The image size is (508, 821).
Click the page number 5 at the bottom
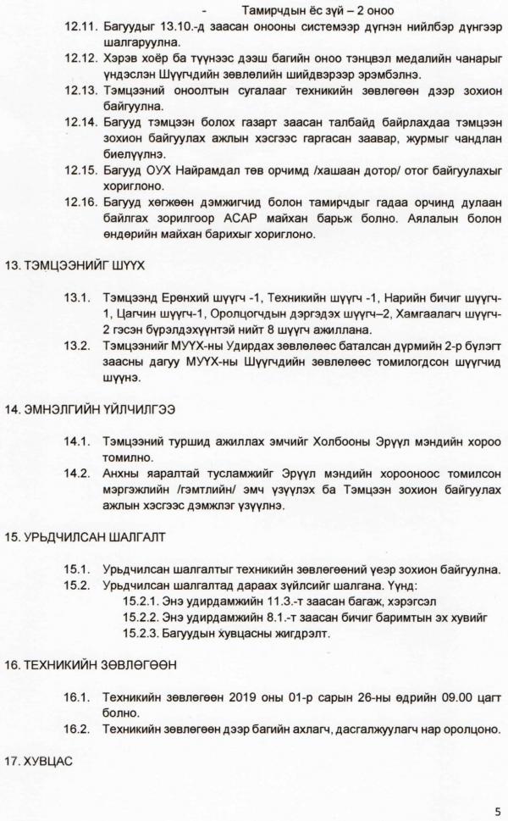pyautogui.click(x=498, y=809)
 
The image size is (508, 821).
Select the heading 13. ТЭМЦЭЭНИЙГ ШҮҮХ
pyautogui.click(x=75, y=265)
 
